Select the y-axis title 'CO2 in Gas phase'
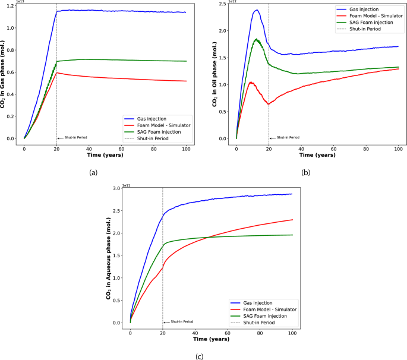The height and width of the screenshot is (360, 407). pos(7,73)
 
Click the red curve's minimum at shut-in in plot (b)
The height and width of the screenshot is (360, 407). pos(269,104)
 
